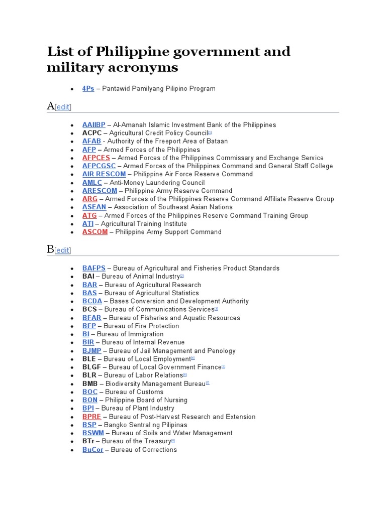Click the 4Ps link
(88, 89)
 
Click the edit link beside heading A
(63, 107)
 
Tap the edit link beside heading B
(63, 250)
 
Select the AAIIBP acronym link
(94, 125)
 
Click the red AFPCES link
(96, 158)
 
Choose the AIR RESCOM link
(104, 174)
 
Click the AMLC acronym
(92, 183)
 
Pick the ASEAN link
(94, 207)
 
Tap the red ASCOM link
(95, 232)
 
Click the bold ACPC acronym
(92, 133)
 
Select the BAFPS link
(94, 269)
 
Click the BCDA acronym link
(92, 301)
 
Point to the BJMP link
(92, 351)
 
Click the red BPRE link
(91, 417)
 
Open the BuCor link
(93, 450)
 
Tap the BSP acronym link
(89, 425)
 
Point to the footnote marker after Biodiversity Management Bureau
(207, 383)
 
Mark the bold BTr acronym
(88, 441)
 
